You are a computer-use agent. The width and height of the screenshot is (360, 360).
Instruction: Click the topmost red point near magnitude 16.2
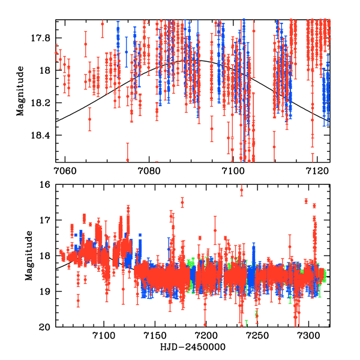(x=242, y=191)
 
